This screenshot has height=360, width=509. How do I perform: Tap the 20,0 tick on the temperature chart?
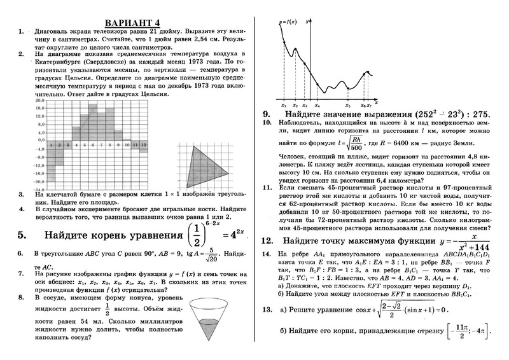click(x=39, y=100)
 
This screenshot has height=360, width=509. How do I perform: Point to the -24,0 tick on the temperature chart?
click(x=39, y=189)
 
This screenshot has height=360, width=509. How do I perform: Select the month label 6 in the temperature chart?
click(x=93, y=145)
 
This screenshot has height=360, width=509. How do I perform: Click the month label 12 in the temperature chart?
click(x=144, y=145)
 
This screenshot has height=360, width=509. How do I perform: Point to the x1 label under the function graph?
click(x=284, y=105)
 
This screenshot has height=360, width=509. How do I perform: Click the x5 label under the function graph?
click(x=347, y=105)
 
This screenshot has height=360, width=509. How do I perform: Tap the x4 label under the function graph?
click(x=317, y=105)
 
